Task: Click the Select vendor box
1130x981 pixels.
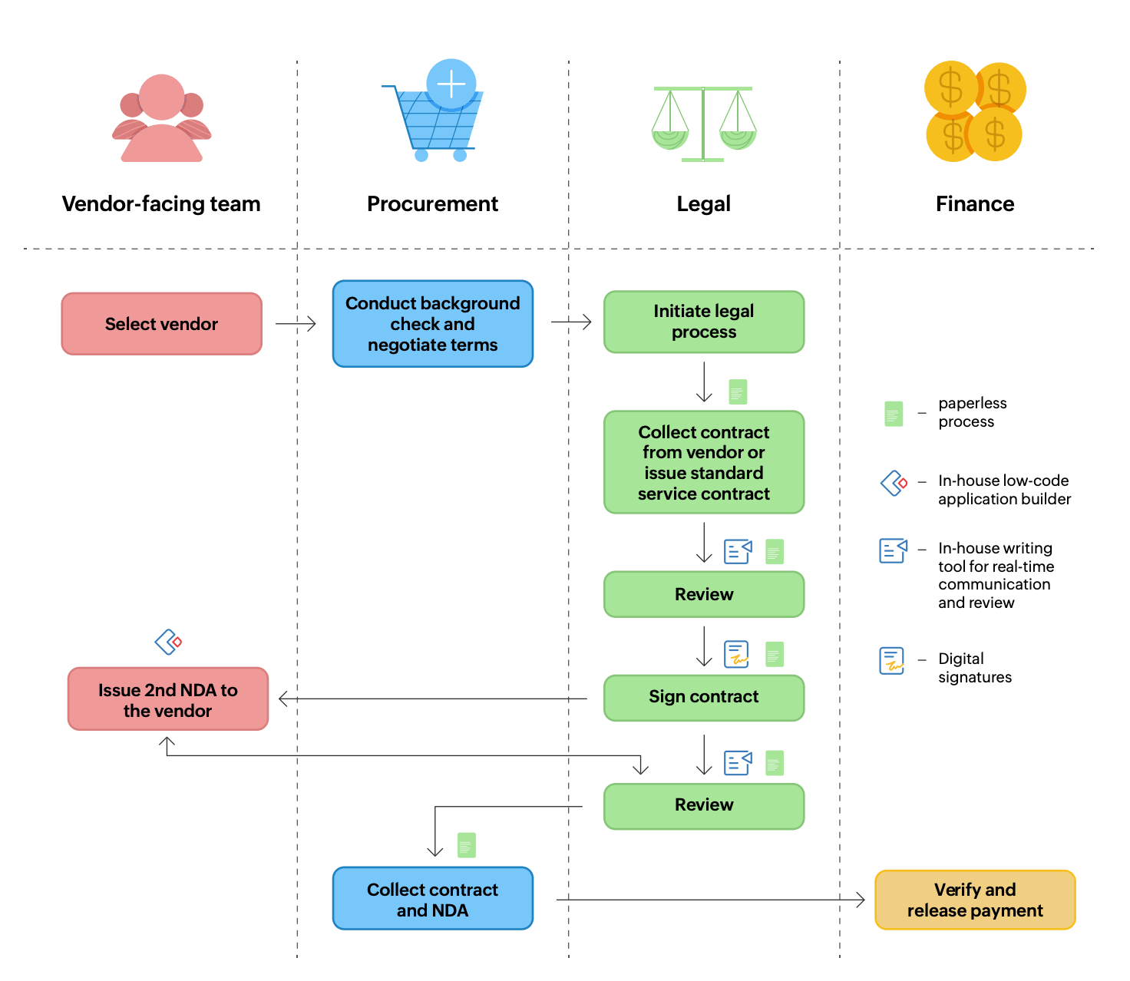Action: (x=161, y=324)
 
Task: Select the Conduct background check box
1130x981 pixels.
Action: (x=432, y=324)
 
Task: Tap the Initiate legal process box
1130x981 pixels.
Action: (x=703, y=322)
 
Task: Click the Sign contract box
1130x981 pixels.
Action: (x=703, y=697)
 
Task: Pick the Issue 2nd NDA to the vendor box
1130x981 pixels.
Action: (x=167, y=699)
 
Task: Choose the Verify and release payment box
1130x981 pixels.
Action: (x=974, y=900)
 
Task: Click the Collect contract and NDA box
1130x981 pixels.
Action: (x=432, y=899)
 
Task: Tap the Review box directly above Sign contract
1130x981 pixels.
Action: (x=703, y=594)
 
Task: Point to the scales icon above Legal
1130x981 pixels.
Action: (x=703, y=123)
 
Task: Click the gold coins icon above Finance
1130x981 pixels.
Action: (x=974, y=112)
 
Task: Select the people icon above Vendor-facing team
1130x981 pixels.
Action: (x=161, y=119)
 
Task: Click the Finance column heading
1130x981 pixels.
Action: (x=974, y=204)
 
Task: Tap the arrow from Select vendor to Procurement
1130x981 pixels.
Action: (x=296, y=324)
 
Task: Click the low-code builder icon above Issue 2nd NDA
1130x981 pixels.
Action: (x=168, y=642)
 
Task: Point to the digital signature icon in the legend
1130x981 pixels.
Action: (x=891, y=661)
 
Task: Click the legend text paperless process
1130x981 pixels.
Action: (x=972, y=412)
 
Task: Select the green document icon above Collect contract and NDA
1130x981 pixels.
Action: (x=466, y=845)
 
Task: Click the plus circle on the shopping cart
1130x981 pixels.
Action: (x=451, y=84)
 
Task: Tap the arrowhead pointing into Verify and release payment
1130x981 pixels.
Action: (x=861, y=900)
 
